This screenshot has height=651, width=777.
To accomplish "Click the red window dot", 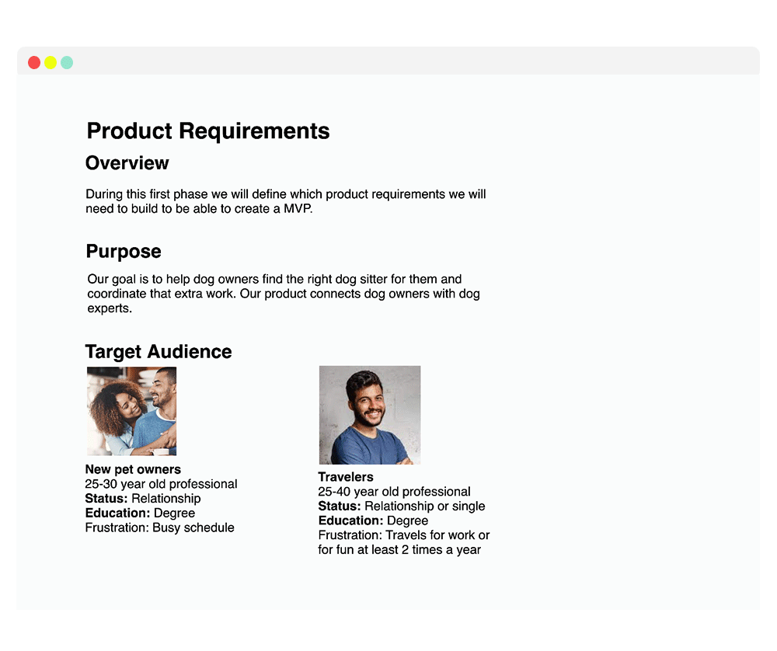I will (x=34, y=63).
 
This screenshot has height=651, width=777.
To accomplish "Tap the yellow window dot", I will (x=51, y=63).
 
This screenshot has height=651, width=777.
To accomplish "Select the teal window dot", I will (x=67, y=63).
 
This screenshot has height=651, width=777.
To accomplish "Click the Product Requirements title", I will (x=208, y=131).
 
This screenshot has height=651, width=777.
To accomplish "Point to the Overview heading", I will (x=127, y=163).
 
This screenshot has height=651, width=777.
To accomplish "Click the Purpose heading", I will (x=124, y=252).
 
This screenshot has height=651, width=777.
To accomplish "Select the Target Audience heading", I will (x=159, y=352).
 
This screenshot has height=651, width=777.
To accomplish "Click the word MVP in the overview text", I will (x=297, y=209).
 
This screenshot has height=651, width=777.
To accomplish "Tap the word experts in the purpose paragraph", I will (x=110, y=308).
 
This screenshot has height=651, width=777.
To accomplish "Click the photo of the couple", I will (x=131, y=411).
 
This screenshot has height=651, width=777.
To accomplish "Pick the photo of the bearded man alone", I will (x=370, y=415).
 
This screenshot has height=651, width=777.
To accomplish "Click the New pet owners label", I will (x=133, y=469).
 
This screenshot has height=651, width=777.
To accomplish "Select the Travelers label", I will (x=346, y=477).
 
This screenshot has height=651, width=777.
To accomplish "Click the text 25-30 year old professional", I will (x=161, y=484).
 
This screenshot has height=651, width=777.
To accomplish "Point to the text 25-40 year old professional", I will (x=394, y=492).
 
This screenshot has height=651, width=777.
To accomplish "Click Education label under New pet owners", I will (x=117, y=513).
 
